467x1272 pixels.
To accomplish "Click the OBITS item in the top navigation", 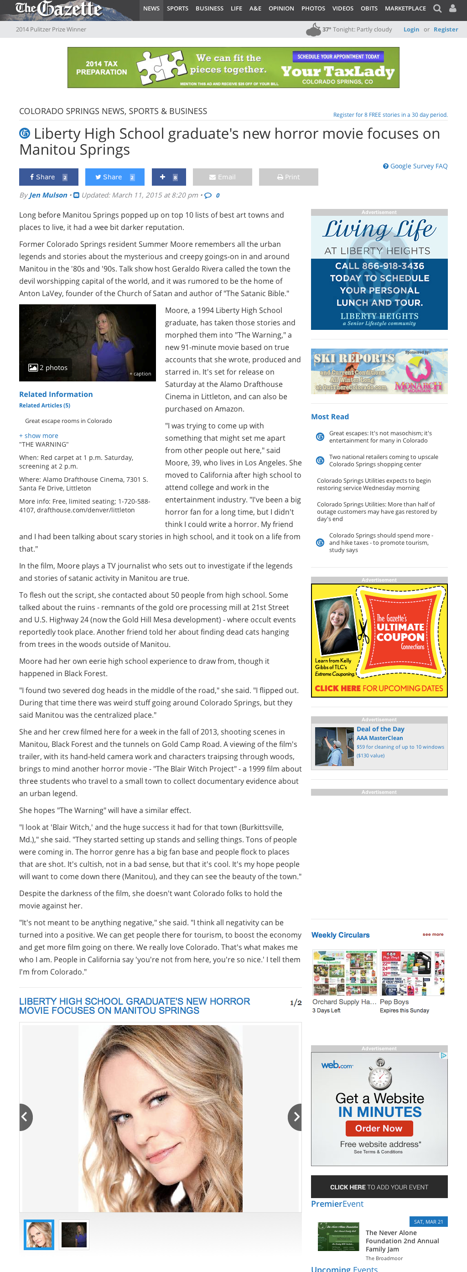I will (369, 8).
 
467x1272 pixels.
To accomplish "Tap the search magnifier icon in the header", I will (437, 8).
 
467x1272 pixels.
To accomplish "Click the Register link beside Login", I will (445, 30).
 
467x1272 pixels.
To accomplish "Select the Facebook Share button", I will (48, 177).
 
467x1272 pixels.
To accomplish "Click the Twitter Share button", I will (114, 177).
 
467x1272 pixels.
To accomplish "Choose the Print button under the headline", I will (288, 177).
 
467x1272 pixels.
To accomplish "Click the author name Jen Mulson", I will (48, 195).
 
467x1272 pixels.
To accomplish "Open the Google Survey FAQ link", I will (415, 166).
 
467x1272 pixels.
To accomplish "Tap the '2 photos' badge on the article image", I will (48, 367).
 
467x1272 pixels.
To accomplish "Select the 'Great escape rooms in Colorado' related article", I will (68, 421).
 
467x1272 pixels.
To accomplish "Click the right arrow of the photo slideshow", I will (295, 1116).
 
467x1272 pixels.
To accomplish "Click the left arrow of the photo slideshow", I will (25, 1116).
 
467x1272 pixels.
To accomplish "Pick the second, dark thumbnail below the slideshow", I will (74, 1235).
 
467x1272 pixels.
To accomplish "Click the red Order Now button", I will (379, 1128).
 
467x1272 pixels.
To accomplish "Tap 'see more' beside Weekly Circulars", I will (433, 934).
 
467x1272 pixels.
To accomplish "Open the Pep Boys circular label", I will (394, 1001).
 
